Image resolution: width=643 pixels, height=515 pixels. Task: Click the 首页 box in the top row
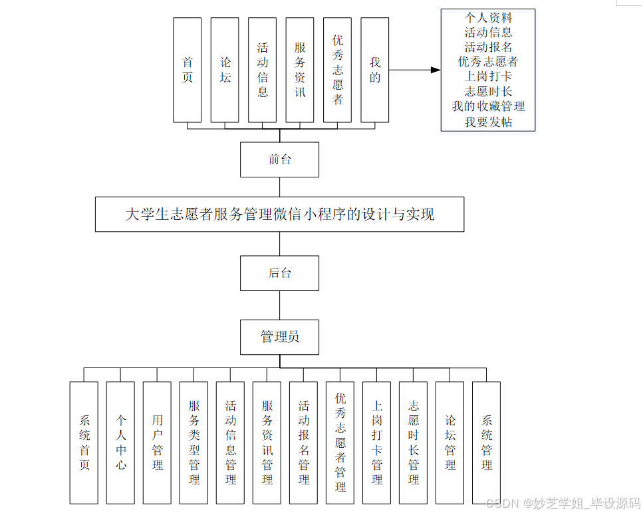point(187,70)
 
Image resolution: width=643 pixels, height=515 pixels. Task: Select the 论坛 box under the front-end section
point(225,70)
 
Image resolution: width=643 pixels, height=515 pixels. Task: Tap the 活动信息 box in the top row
point(263,70)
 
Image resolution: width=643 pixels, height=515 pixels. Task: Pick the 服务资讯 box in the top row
point(300,70)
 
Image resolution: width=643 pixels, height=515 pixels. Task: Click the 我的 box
point(375,70)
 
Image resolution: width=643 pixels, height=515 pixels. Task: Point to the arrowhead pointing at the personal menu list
point(436,70)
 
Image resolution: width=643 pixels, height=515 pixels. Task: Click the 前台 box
point(279,159)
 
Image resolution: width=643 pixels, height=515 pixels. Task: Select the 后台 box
point(279,273)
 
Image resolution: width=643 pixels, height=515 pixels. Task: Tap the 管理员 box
point(279,337)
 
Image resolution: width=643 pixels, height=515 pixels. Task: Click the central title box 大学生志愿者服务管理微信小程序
point(279,214)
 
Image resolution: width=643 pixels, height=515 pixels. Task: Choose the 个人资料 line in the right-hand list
point(488,17)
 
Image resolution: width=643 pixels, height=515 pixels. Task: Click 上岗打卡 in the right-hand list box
point(488,76)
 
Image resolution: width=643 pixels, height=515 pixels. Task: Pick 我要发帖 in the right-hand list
point(488,122)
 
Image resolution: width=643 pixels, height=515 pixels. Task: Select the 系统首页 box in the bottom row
point(84,442)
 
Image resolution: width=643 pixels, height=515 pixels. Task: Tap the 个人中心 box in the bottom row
point(120,442)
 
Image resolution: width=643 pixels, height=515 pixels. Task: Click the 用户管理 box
point(157,442)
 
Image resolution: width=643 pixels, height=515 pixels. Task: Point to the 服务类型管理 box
point(193,442)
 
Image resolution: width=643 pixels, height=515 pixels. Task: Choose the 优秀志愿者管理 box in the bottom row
point(340,442)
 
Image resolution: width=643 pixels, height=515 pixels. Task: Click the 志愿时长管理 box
point(414,442)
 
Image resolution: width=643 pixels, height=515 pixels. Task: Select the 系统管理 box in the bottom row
point(487,442)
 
